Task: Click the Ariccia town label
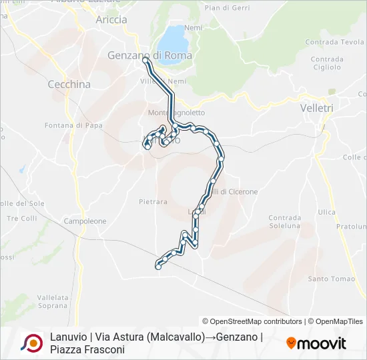111,20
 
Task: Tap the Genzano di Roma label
149,55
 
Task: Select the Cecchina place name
69,85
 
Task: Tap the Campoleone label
85,221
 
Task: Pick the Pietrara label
153,201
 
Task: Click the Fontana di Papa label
72,125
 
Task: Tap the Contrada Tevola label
334,42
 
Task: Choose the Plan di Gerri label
227,7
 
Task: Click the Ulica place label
327,212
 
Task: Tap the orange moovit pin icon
291,343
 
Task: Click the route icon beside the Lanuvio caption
31,343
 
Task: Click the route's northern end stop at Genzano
145,61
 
